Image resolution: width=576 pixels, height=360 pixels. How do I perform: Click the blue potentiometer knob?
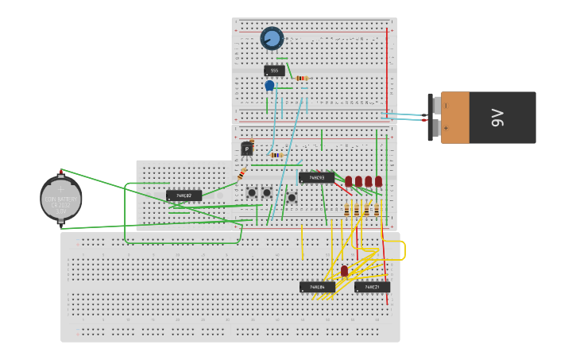[272, 38]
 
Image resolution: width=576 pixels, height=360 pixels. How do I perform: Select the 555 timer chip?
[274, 71]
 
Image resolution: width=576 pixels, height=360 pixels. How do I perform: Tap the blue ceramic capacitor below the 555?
[269, 85]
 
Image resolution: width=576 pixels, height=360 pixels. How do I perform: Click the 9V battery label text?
[498, 118]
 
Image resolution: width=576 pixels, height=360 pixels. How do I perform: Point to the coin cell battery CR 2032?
[61, 199]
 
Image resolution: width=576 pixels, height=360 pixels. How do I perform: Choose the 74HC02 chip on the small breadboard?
[184, 195]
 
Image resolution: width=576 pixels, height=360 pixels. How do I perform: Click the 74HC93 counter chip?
[316, 177]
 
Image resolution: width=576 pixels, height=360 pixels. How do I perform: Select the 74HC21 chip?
[372, 287]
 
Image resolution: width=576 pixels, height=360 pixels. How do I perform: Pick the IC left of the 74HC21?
[317, 287]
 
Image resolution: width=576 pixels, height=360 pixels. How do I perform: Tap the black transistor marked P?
[247, 149]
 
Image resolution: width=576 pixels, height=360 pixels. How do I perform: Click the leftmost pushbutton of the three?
[252, 192]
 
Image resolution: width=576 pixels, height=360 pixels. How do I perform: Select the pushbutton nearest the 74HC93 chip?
[292, 197]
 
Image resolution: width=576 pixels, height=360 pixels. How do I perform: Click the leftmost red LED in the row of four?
[348, 181]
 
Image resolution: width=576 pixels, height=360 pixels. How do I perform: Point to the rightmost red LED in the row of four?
[378, 181]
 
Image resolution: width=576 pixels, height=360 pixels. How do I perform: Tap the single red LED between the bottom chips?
[344, 271]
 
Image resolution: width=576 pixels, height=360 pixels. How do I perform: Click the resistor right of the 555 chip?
[302, 78]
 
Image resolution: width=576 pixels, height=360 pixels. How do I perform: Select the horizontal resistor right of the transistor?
[276, 155]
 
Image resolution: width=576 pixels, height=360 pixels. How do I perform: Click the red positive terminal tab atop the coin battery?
[61, 172]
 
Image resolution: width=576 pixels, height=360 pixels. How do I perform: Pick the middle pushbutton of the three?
[267, 192]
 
